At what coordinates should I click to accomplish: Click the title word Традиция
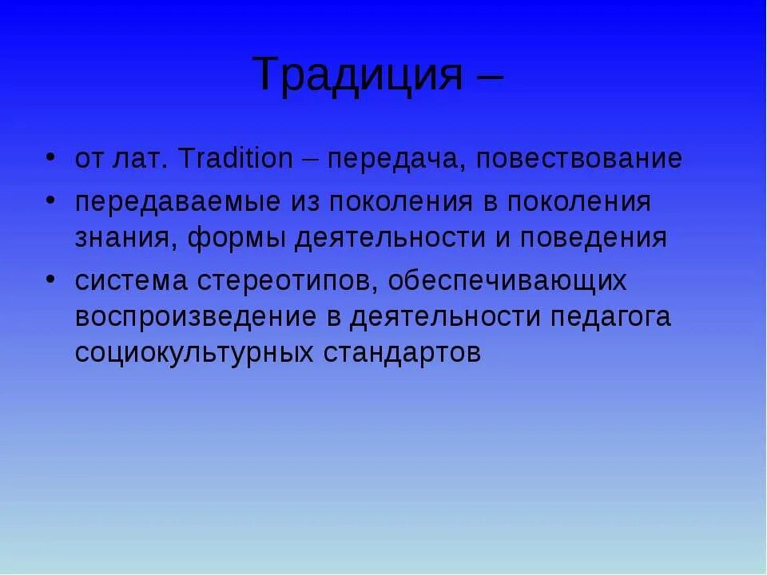tap(359, 75)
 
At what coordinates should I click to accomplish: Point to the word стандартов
tap(402, 353)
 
